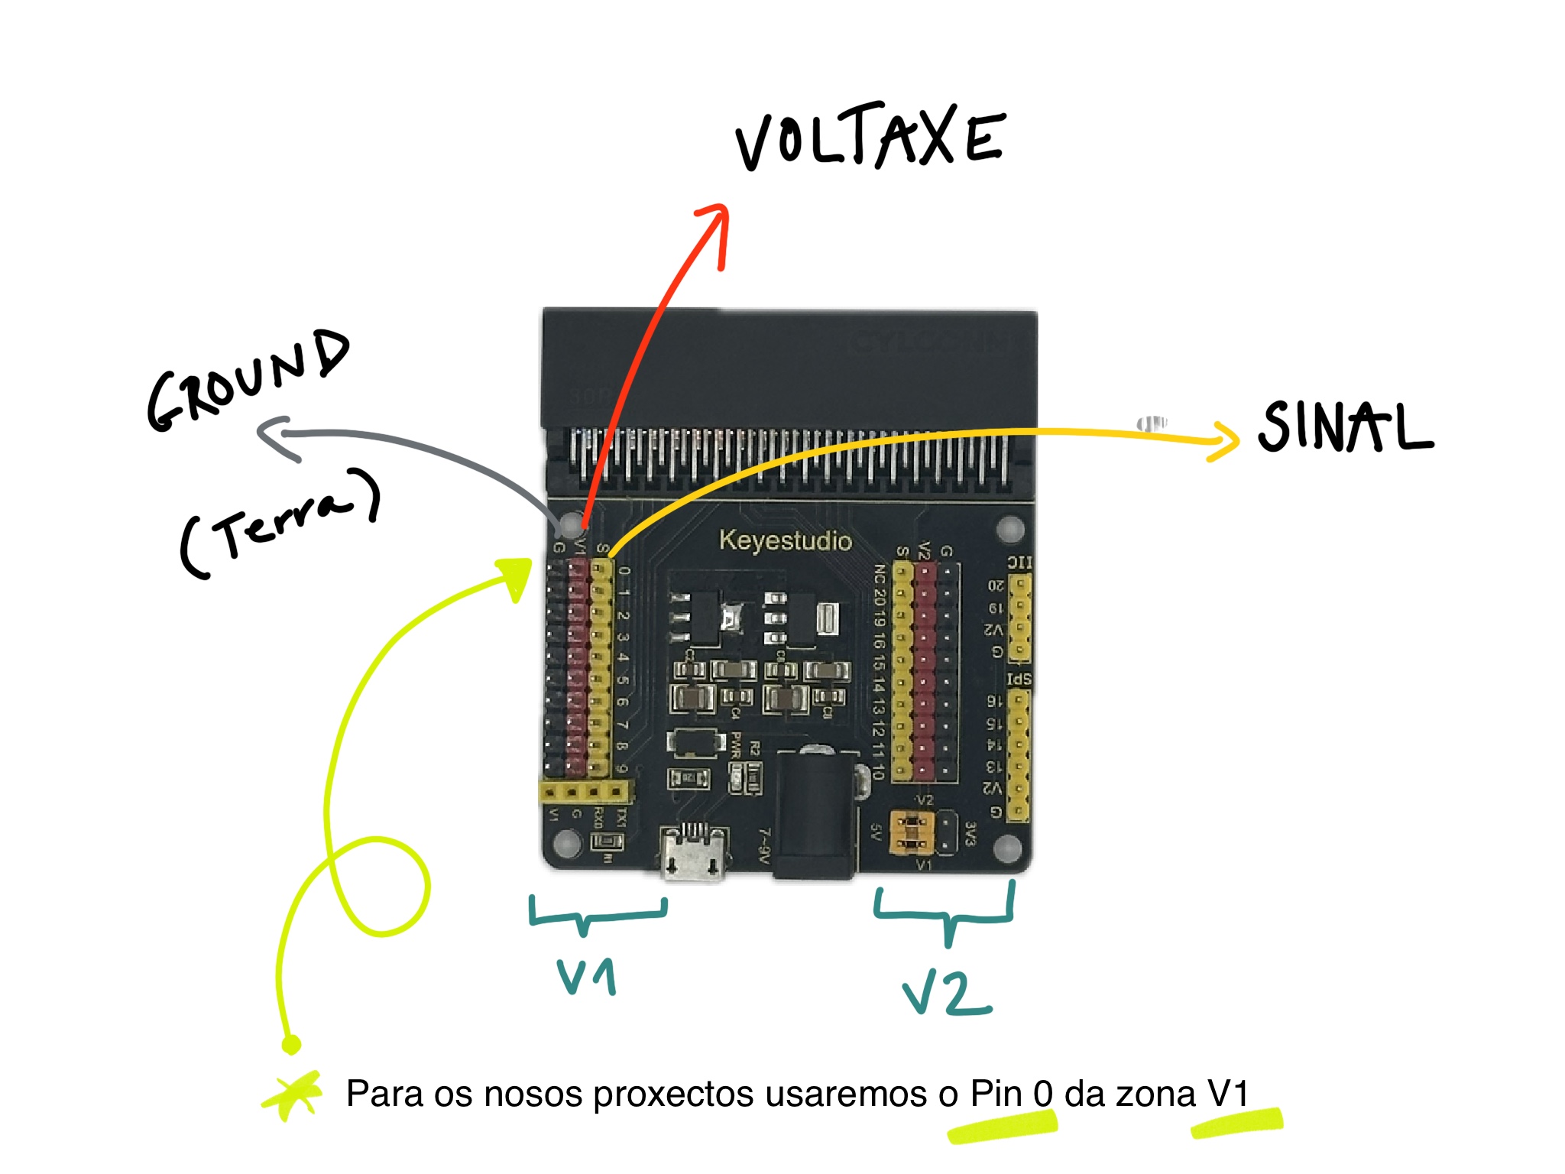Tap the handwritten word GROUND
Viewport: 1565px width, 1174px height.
tap(248, 380)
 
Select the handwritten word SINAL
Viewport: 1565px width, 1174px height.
tap(1345, 426)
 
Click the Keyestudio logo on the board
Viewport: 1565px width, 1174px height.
tap(785, 540)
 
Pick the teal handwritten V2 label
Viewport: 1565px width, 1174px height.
tap(948, 994)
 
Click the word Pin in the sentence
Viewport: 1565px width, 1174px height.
tap(996, 1094)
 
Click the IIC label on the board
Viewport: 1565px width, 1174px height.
tap(1019, 563)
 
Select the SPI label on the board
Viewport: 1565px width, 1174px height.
tap(1019, 679)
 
